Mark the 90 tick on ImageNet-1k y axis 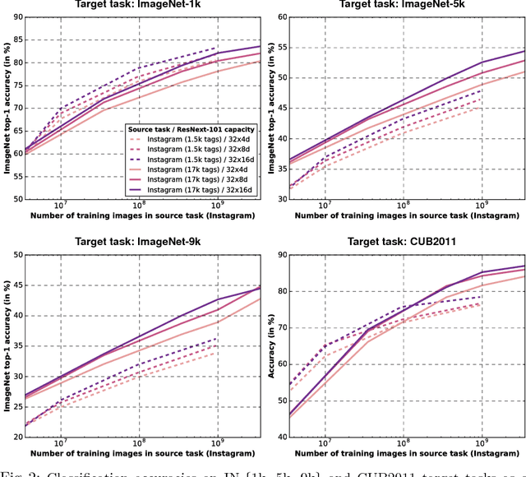[x=15, y=16]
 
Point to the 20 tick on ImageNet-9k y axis [x=15, y=438]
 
